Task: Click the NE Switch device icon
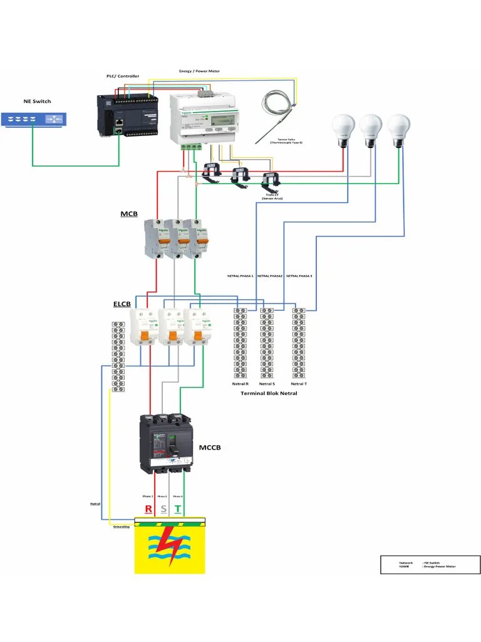[x=33, y=119]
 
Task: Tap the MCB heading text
[x=129, y=214]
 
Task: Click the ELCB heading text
[x=122, y=304]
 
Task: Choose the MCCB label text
[x=210, y=448]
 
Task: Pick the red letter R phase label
[x=148, y=508]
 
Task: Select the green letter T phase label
[x=178, y=508]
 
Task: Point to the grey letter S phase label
[x=163, y=508]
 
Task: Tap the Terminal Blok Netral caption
[x=269, y=393]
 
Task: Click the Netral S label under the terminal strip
[x=267, y=383]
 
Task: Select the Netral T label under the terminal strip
[x=299, y=383]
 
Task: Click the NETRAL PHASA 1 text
[x=240, y=276]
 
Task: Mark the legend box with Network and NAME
[x=430, y=564]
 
